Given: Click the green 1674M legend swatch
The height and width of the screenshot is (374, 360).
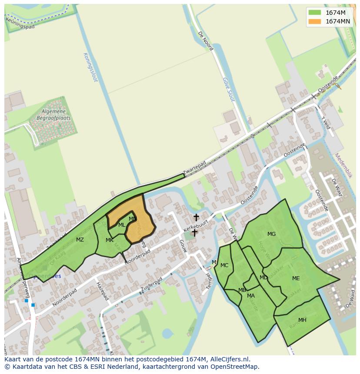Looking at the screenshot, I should [x=315, y=13].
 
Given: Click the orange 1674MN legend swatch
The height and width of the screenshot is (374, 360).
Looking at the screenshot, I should [x=315, y=21].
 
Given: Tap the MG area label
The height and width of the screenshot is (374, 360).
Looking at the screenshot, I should [x=271, y=234].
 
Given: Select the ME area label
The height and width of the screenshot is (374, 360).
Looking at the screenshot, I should [x=296, y=278].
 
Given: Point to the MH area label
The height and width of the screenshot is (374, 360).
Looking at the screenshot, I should [x=302, y=320].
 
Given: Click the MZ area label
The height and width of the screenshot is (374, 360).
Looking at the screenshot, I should [x=80, y=240].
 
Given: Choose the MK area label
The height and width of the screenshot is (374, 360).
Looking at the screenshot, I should [x=110, y=240].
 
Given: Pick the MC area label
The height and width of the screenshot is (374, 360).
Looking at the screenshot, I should [x=224, y=265].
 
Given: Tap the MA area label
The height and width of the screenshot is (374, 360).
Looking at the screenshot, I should [x=251, y=296].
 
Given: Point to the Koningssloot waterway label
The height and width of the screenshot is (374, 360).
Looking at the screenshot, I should [x=90, y=67].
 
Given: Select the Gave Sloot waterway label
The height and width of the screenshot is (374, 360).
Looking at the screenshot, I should [x=228, y=89].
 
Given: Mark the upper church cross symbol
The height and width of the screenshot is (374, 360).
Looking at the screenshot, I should [x=196, y=217].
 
